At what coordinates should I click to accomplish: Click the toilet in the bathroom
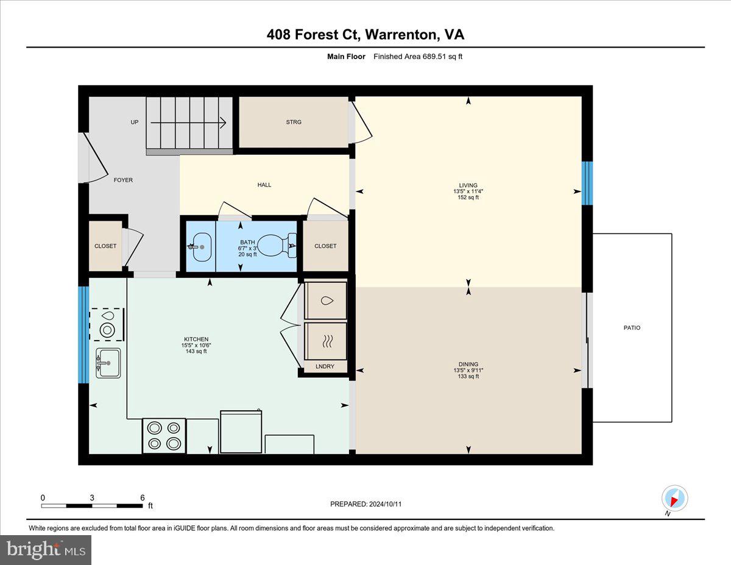tap(274, 246)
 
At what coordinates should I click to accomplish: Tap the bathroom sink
tap(200, 246)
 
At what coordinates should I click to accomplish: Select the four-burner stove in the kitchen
tap(164, 436)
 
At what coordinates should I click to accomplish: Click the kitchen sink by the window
tap(108, 363)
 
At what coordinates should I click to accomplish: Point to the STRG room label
tap(294, 122)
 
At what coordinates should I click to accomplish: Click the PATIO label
tap(632, 328)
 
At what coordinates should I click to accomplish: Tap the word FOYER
tap(123, 180)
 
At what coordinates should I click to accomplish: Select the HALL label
tap(264, 185)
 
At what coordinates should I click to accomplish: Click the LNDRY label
tap(325, 367)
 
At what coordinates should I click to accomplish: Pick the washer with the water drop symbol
tap(326, 300)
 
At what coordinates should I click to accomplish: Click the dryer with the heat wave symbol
tap(326, 340)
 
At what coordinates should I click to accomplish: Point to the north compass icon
tap(674, 499)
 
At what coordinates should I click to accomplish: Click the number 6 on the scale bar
tap(142, 497)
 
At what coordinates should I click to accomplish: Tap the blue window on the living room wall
tap(587, 183)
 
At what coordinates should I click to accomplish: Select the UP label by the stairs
tap(135, 122)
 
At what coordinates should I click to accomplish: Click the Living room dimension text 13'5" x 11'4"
tap(468, 191)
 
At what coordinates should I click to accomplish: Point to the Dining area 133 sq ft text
tap(468, 376)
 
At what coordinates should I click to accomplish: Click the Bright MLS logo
tap(46, 550)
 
